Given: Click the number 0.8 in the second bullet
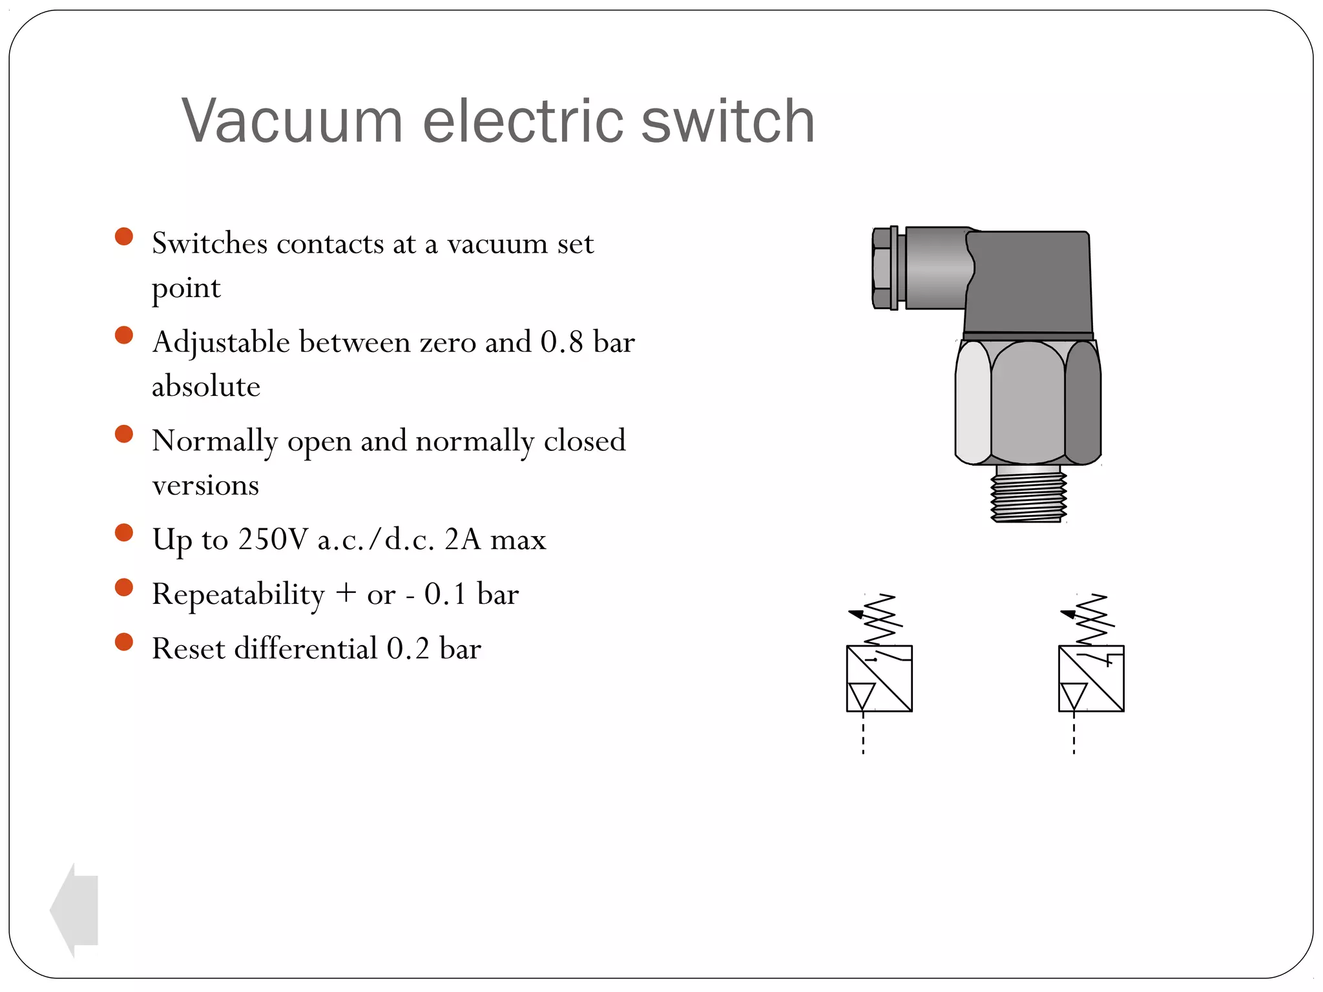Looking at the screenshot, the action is pos(561,342).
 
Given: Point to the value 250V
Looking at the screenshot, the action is pos(273,539).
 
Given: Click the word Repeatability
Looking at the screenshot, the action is pos(238,594).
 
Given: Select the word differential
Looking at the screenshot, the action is pos(306,648).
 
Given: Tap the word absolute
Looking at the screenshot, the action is pos(206,386).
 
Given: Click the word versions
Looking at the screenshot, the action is pos(205,485).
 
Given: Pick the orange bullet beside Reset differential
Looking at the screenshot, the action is pos(123,642).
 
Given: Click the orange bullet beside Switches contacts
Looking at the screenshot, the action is pos(123,236).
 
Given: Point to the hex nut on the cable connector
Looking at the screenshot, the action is pos(883,268).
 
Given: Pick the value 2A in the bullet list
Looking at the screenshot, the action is pos(463,539).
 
